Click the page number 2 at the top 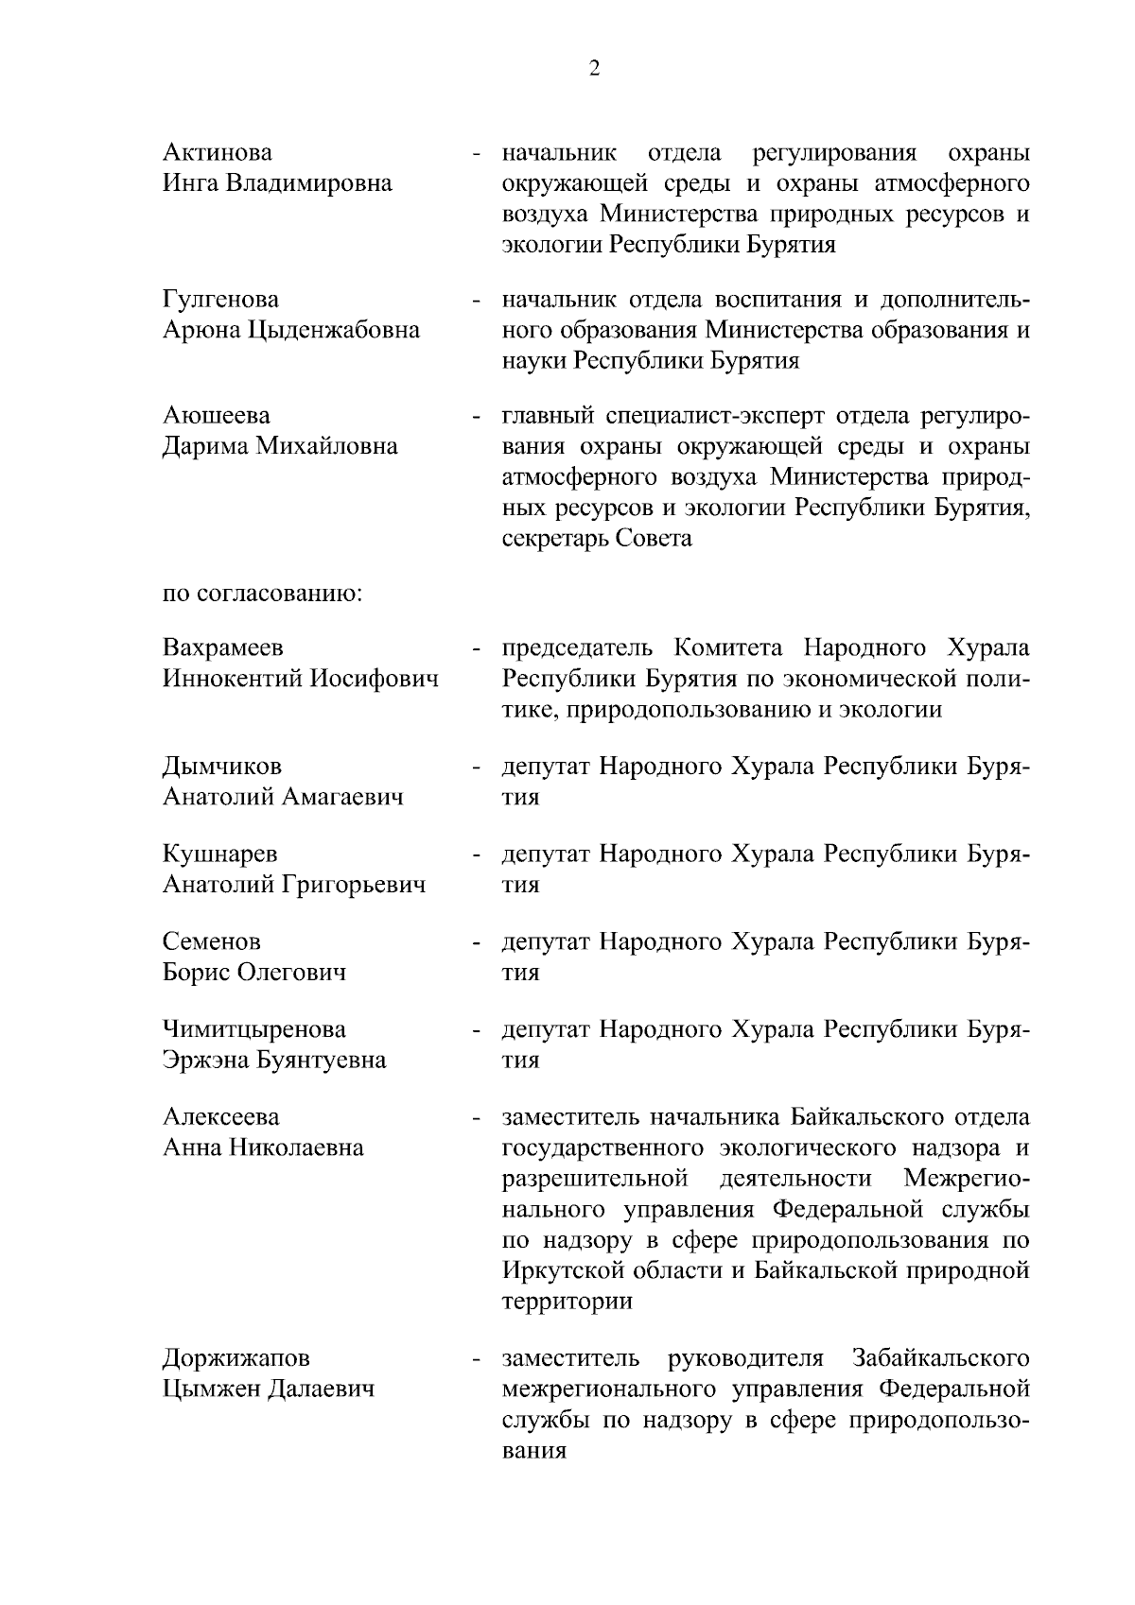pos(594,69)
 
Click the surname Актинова pos(217,153)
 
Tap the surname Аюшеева pos(216,416)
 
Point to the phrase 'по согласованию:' pos(263,595)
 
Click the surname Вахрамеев pos(222,648)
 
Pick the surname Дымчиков pos(221,767)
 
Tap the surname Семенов pos(212,942)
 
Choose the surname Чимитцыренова pos(253,1029)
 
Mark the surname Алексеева pos(220,1117)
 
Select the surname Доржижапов pos(236,1359)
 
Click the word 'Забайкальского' pos(940,1359)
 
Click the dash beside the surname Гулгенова pos(479,302)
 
